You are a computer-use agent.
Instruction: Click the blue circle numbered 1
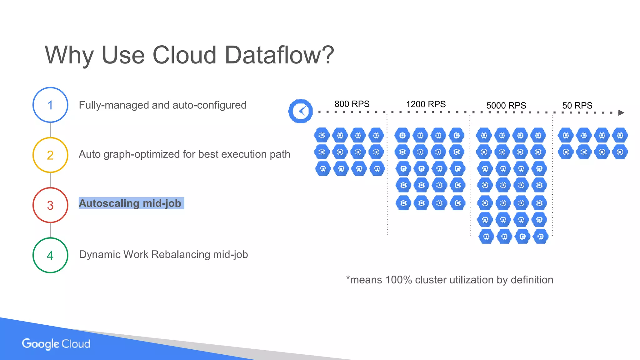[50, 105]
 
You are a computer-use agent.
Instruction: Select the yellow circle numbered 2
[50, 155]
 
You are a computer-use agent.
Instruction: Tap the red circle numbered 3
[50, 205]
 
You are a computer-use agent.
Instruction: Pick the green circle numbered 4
[50, 255]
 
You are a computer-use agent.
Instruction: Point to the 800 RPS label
[352, 104]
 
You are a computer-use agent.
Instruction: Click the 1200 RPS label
[426, 104]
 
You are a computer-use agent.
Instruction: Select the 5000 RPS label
[506, 106]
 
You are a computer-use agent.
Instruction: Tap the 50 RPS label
[577, 106]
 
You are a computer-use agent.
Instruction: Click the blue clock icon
[301, 111]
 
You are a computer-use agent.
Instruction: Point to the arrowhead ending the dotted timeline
[621, 113]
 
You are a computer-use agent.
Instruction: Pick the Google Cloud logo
[56, 344]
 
